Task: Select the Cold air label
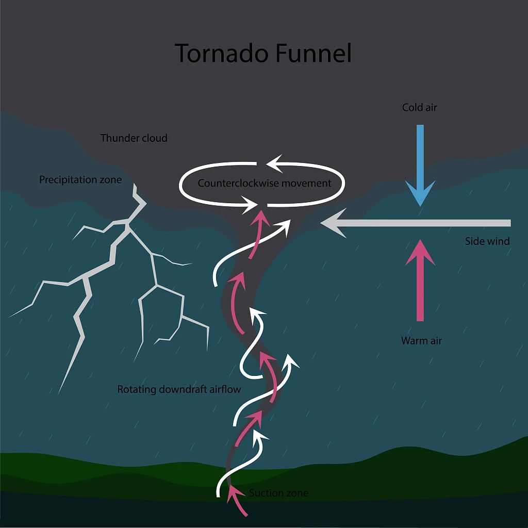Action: coord(420,108)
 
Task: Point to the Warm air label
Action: coord(421,341)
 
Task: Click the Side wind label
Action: coord(487,241)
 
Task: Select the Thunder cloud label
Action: coord(134,138)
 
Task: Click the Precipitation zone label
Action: coord(80,180)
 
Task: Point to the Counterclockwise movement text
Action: coord(265,183)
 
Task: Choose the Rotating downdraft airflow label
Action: coord(179,389)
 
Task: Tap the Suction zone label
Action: coord(278,493)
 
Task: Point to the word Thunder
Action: coord(119,138)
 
